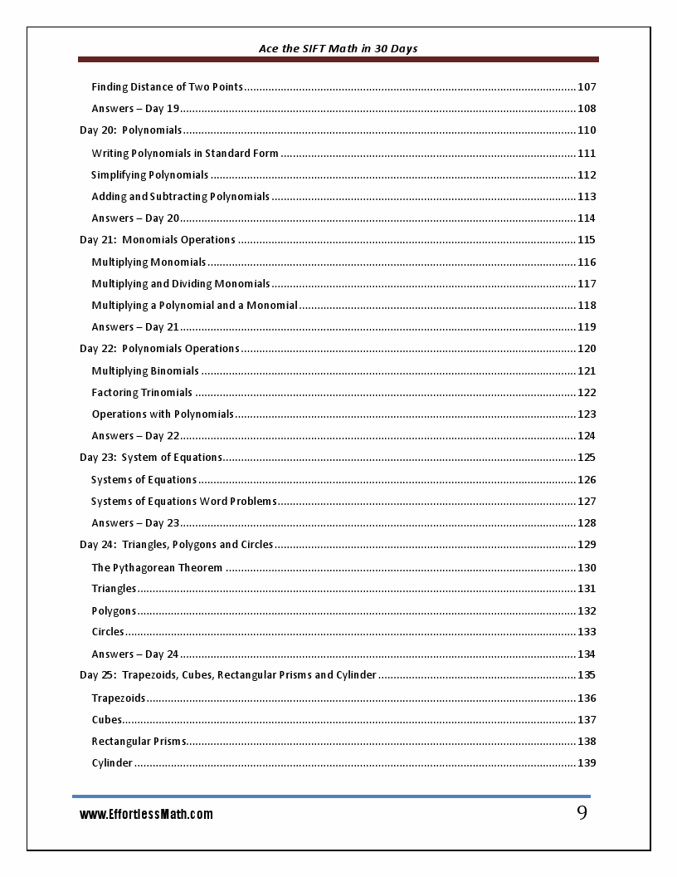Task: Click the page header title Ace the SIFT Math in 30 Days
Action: click(338, 48)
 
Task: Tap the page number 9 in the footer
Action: click(582, 813)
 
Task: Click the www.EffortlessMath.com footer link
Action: click(146, 815)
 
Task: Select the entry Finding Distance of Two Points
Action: click(167, 87)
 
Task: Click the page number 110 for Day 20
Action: click(587, 130)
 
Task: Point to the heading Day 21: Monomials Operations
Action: click(158, 240)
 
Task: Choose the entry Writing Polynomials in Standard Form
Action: click(185, 153)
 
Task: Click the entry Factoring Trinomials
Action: click(142, 393)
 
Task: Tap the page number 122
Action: click(587, 393)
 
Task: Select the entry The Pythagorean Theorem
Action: click(157, 568)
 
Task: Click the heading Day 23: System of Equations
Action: click(151, 458)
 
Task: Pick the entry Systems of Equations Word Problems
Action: click(183, 502)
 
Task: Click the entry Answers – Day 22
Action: click(135, 436)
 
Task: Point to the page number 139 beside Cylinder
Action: click(587, 763)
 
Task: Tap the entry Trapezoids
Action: click(119, 698)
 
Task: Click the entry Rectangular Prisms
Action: click(139, 742)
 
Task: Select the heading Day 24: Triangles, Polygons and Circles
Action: click(177, 545)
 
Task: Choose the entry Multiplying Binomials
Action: click(145, 371)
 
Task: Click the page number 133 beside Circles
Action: click(587, 632)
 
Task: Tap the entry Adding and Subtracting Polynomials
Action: click(181, 197)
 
